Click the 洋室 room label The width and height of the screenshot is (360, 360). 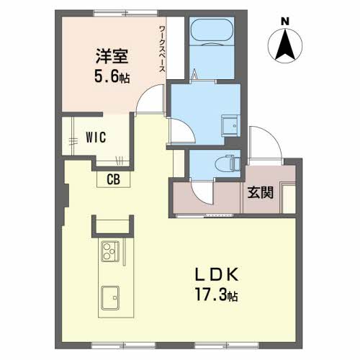pos(112,56)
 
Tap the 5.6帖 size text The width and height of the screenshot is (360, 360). pos(112,77)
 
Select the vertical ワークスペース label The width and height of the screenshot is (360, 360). pos(162,49)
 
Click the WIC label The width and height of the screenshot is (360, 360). pos(96,138)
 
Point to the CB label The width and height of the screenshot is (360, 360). pos(113,179)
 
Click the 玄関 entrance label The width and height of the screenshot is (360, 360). pos(261,192)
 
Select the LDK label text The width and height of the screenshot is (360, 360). pos(217,274)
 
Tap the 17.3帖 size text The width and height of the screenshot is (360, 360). pos(217,294)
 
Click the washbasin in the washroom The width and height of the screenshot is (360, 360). pos(230,126)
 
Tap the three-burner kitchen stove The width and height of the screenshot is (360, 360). pos(110,251)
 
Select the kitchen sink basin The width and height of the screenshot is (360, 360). pos(110,298)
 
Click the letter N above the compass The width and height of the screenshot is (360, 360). pos(285,22)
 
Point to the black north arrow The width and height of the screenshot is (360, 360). pos(285,45)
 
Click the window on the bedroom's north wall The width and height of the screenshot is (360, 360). pos(125,13)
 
